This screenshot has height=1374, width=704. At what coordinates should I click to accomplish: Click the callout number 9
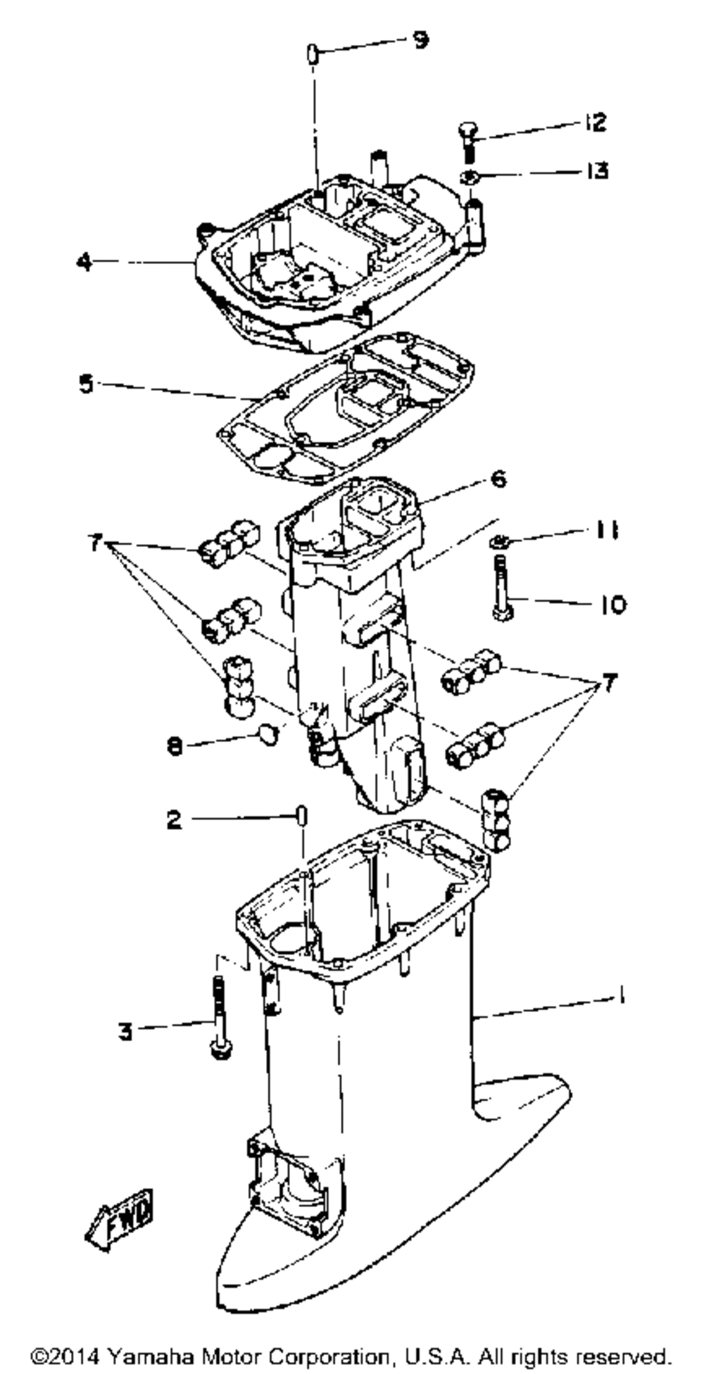click(420, 40)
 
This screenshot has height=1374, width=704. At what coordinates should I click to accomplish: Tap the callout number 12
click(595, 122)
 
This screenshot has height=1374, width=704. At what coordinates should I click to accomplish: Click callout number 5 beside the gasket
click(86, 384)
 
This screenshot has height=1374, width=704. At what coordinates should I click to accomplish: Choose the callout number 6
click(498, 479)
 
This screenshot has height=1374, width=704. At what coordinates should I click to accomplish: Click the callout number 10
click(612, 604)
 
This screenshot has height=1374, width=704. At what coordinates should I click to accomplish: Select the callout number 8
click(175, 746)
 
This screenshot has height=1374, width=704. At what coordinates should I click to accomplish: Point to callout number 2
click(174, 819)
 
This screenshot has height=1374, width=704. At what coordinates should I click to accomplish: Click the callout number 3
click(125, 1032)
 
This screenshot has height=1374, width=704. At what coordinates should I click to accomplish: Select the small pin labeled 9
click(313, 53)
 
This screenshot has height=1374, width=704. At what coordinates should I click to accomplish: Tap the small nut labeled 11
click(498, 541)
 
